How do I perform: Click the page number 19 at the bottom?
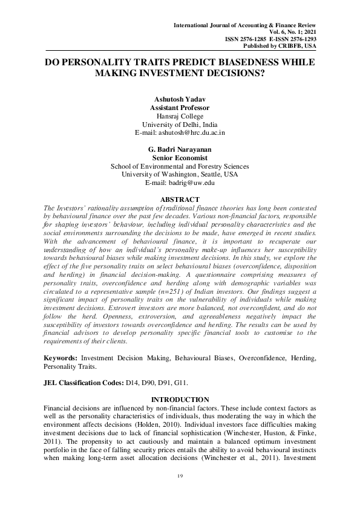180,478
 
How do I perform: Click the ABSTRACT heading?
180,199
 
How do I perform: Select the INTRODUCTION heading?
180,400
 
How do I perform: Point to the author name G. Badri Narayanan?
180,149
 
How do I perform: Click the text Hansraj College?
180,115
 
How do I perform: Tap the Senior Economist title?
180,157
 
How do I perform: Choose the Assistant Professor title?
180,107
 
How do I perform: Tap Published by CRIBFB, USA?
279,45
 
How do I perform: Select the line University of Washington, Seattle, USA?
180,174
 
